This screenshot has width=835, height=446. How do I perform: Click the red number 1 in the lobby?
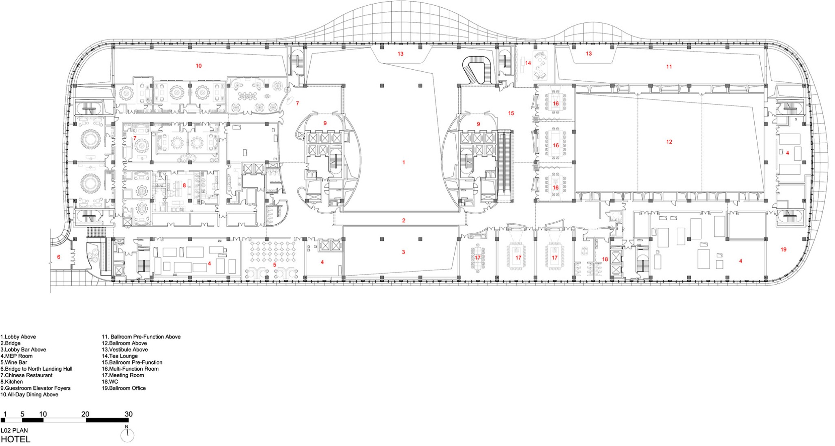(404, 162)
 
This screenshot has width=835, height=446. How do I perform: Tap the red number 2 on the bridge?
(404, 221)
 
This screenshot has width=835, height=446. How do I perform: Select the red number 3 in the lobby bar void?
(404, 252)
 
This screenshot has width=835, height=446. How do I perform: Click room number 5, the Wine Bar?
(275, 265)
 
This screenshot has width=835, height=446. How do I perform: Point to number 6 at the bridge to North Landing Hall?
(58, 257)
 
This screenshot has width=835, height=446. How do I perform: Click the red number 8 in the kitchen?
(184, 185)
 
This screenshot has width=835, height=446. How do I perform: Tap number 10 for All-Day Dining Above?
(199, 66)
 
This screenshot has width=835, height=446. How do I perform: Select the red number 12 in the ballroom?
(669, 142)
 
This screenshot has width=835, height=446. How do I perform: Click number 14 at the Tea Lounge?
(528, 63)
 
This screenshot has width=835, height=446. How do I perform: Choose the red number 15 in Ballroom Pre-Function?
(511, 114)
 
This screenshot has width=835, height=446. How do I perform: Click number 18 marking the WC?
(605, 259)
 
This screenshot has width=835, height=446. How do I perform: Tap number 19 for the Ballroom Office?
(783, 250)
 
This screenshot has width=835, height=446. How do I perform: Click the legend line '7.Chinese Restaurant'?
(26, 375)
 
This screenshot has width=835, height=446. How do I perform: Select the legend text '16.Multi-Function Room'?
(130, 369)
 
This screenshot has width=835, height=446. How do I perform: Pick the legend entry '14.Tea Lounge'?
(120, 356)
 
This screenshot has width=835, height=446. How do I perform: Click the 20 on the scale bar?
(85, 414)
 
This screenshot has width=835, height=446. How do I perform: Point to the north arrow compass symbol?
(127, 435)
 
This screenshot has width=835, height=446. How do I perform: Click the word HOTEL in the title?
(15, 440)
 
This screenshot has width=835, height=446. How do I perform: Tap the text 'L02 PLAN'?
(14, 431)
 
